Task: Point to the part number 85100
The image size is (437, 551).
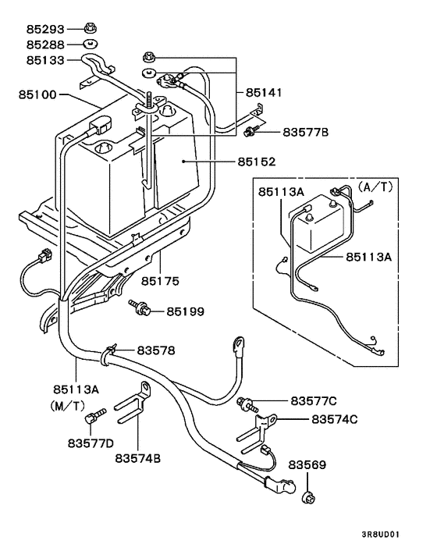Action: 37,95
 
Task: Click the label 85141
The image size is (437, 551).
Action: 268,92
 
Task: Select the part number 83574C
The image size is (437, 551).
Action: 334,420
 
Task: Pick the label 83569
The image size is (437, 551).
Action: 307,465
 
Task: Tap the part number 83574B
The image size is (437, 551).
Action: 137,458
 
